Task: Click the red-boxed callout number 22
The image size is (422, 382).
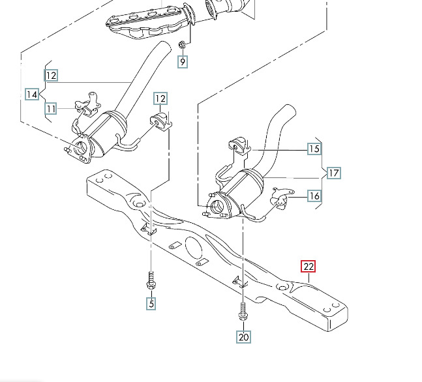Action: pyautogui.click(x=308, y=267)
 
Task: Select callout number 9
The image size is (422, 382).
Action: pyautogui.click(x=183, y=62)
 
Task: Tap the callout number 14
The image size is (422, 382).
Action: pyautogui.click(x=32, y=94)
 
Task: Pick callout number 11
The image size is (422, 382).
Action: pyautogui.click(x=51, y=108)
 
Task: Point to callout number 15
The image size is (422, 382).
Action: pyautogui.click(x=314, y=149)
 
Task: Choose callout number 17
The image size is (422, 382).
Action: pyautogui.click(x=333, y=173)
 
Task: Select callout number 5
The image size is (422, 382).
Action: pyautogui.click(x=151, y=302)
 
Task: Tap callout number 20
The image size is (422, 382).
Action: pyautogui.click(x=243, y=336)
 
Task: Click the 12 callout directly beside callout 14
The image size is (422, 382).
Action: pyautogui.click(x=51, y=75)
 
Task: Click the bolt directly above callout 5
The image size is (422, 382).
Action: pyautogui.click(x=150, y=281)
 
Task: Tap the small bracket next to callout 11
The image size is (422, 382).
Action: pyautogui.click(x=87, y=102)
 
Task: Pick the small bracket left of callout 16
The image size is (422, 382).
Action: pyautogui.click(x=281, y=196)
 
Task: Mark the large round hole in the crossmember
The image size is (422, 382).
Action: pyautogui.click(x=193, y=250)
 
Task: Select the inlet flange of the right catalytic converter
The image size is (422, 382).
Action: pyautogui.click(x=218, y=207)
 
